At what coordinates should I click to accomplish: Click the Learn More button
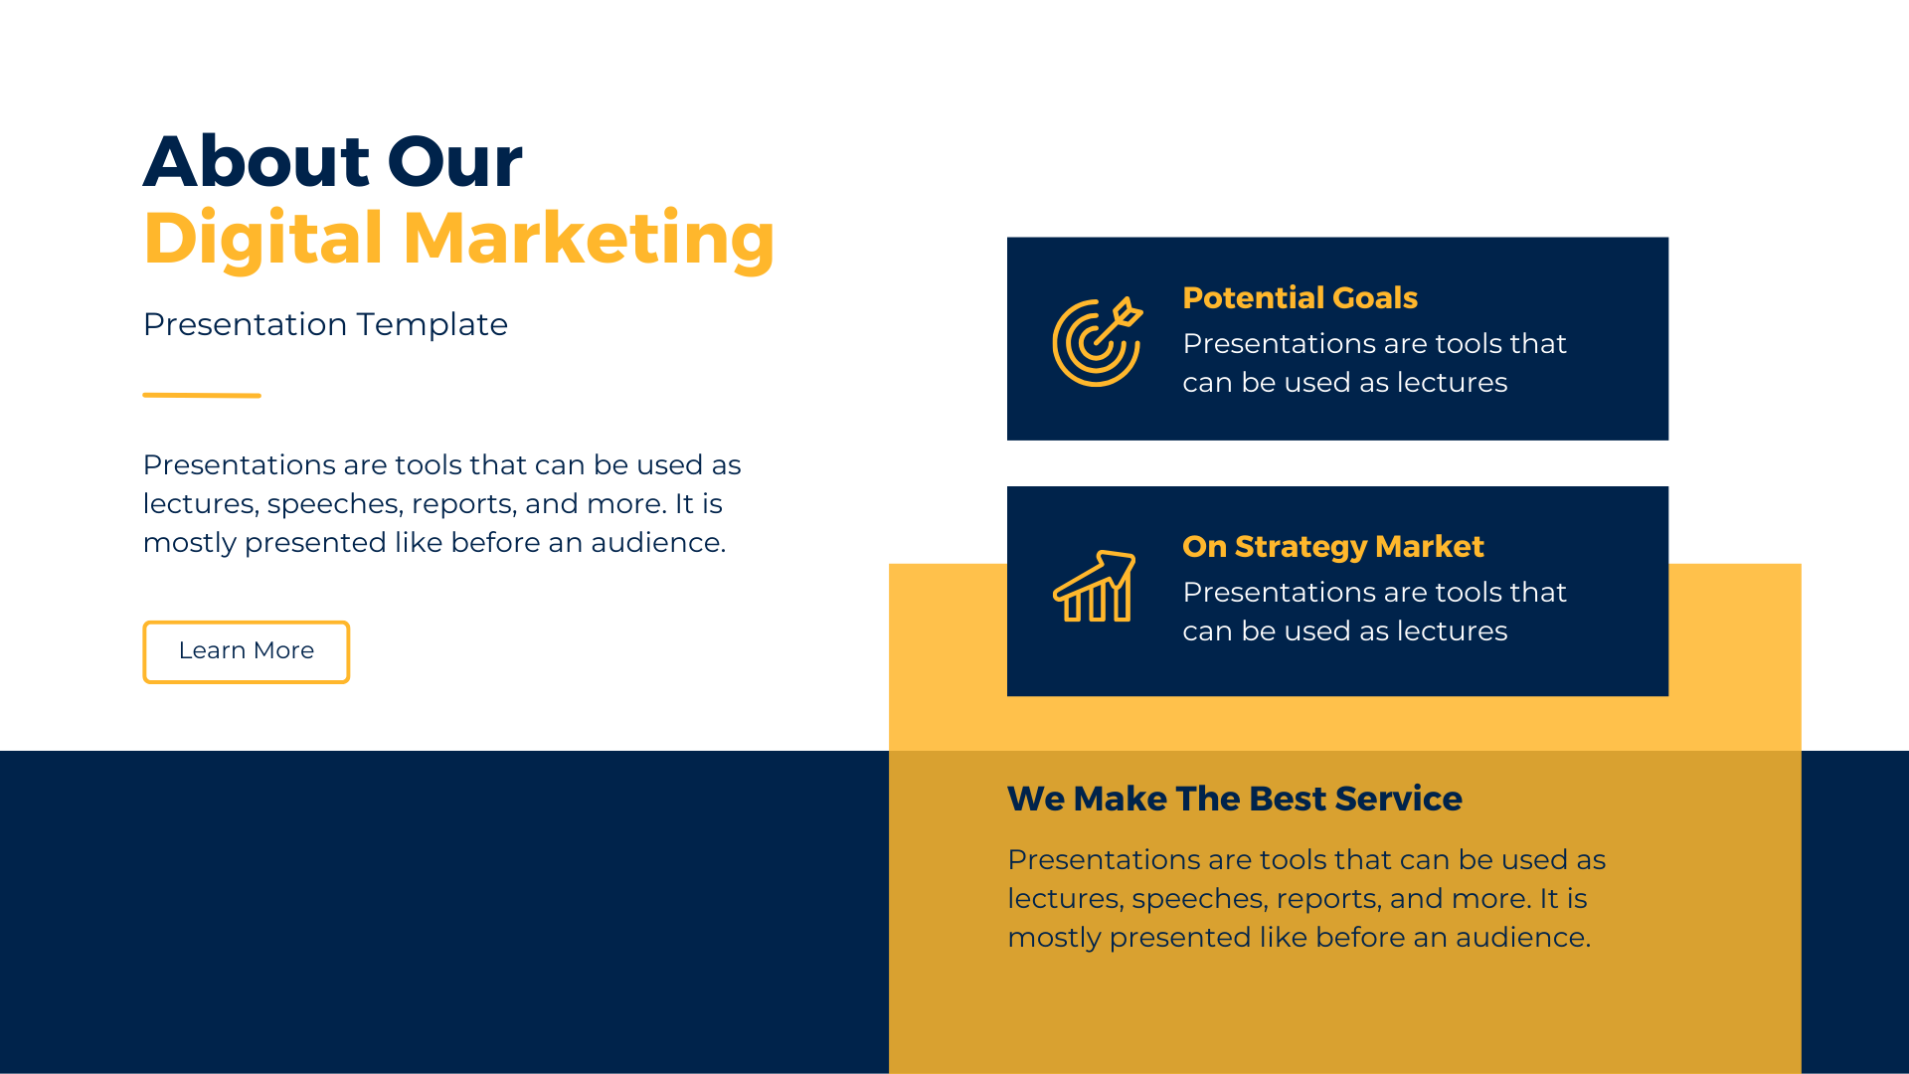pyautogui.click(x=247, y=652)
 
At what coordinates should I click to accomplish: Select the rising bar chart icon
pyautogui.click(x=1095, y=587)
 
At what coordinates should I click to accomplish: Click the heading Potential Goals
pyautogui.click(x=1300, y=297)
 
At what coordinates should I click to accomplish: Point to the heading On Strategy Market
pyautogui.click(x=1332, y=547)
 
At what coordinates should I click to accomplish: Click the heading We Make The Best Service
pyautogui.click(x=1234, y=799)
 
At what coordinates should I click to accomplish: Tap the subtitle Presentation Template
pyautogui.click(x=325, y=324)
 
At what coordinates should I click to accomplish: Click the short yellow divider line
pyautogui.click(x=202, y=395)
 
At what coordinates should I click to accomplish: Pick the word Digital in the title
pyautogui.click(x=263, y=240)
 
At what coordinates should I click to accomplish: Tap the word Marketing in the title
pyautogui.click(x=589, y=240)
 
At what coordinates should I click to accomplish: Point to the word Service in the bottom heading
pyautogui.click(x=1399, y=799)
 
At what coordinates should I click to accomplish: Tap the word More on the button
pyautogui.click(x=284, y=650)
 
